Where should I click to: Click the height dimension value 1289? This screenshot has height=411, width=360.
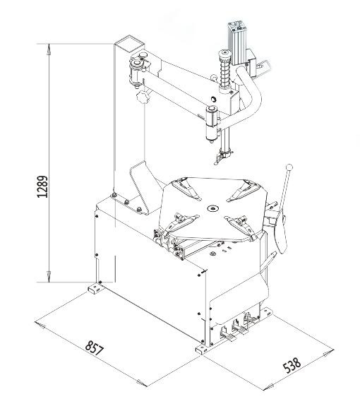tap(42, 186)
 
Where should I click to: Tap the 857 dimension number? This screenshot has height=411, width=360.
tap(95, 348)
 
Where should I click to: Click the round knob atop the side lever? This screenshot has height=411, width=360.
tap(289, 167)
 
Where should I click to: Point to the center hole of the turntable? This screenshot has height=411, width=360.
tap(213, 208)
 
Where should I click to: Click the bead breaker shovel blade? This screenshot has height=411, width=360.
tap(280, 232)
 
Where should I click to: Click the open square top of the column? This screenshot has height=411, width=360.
tap(129, 44)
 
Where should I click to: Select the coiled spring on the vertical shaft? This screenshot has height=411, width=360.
tap(224, 73)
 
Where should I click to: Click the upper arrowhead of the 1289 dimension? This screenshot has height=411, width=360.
tap(49, 49)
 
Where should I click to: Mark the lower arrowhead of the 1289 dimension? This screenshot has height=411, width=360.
tap(49, 277)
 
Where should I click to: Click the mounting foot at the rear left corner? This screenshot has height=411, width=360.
tap(95, 288)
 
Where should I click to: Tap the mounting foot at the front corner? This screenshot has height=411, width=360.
tap(203, 350)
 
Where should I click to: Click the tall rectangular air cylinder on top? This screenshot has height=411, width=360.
tap(237, 43)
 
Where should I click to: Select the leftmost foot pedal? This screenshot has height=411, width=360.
tap(229, 335)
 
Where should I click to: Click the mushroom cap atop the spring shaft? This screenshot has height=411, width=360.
tap(224, 54)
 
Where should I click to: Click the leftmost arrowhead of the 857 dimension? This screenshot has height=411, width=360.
tap(40, 325)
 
